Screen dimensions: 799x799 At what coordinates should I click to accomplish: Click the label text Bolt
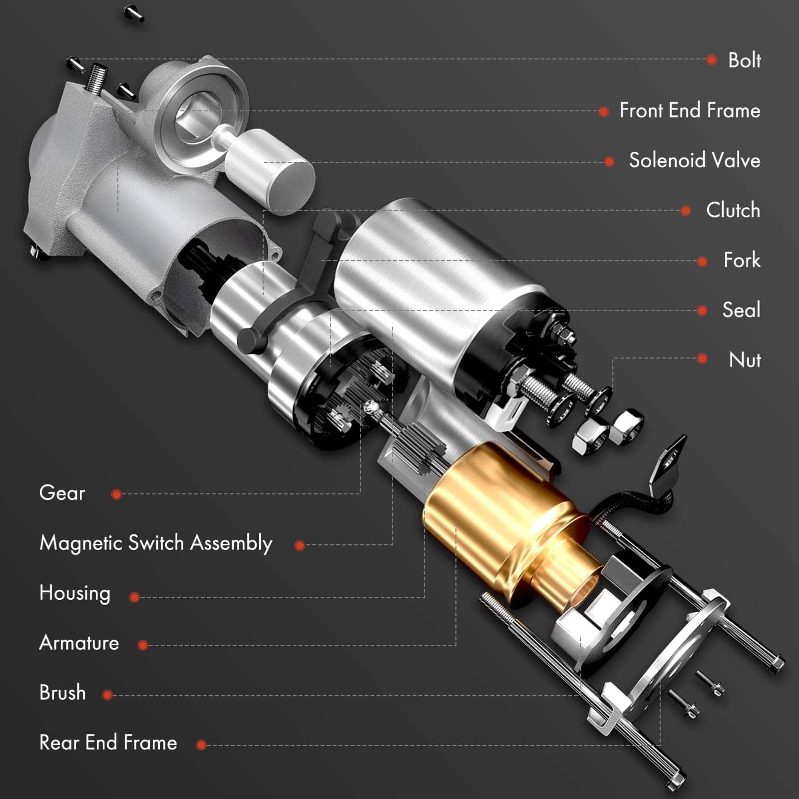point(744,60)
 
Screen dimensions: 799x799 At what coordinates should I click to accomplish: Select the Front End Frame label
point(690,110)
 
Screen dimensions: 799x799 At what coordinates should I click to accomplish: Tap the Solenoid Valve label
point(694,160)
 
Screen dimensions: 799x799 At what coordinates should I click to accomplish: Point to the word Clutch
point(733,210)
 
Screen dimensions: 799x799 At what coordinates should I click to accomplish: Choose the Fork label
point(742,260)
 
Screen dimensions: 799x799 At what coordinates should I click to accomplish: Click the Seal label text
point(741,310)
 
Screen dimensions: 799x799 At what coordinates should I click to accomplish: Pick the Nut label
point(745,360)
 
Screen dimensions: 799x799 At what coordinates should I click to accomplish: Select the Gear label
point(62,493)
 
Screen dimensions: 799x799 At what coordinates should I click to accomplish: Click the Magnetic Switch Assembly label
point(156,543)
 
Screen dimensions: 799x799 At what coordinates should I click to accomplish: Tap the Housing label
point(74,593)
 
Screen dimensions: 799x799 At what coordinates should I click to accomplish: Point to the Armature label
point(79,643)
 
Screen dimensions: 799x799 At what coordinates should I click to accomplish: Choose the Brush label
point(62,693)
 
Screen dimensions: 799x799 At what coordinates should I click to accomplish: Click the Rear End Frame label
point(108,743)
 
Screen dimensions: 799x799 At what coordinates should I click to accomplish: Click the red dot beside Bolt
point(712,60)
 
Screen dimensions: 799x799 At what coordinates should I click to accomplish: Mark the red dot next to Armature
point(143,645)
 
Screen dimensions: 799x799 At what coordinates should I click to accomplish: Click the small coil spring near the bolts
point(96,78)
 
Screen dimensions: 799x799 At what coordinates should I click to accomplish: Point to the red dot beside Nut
point(702,359)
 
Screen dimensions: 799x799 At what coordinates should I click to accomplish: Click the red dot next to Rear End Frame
point(201,745)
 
